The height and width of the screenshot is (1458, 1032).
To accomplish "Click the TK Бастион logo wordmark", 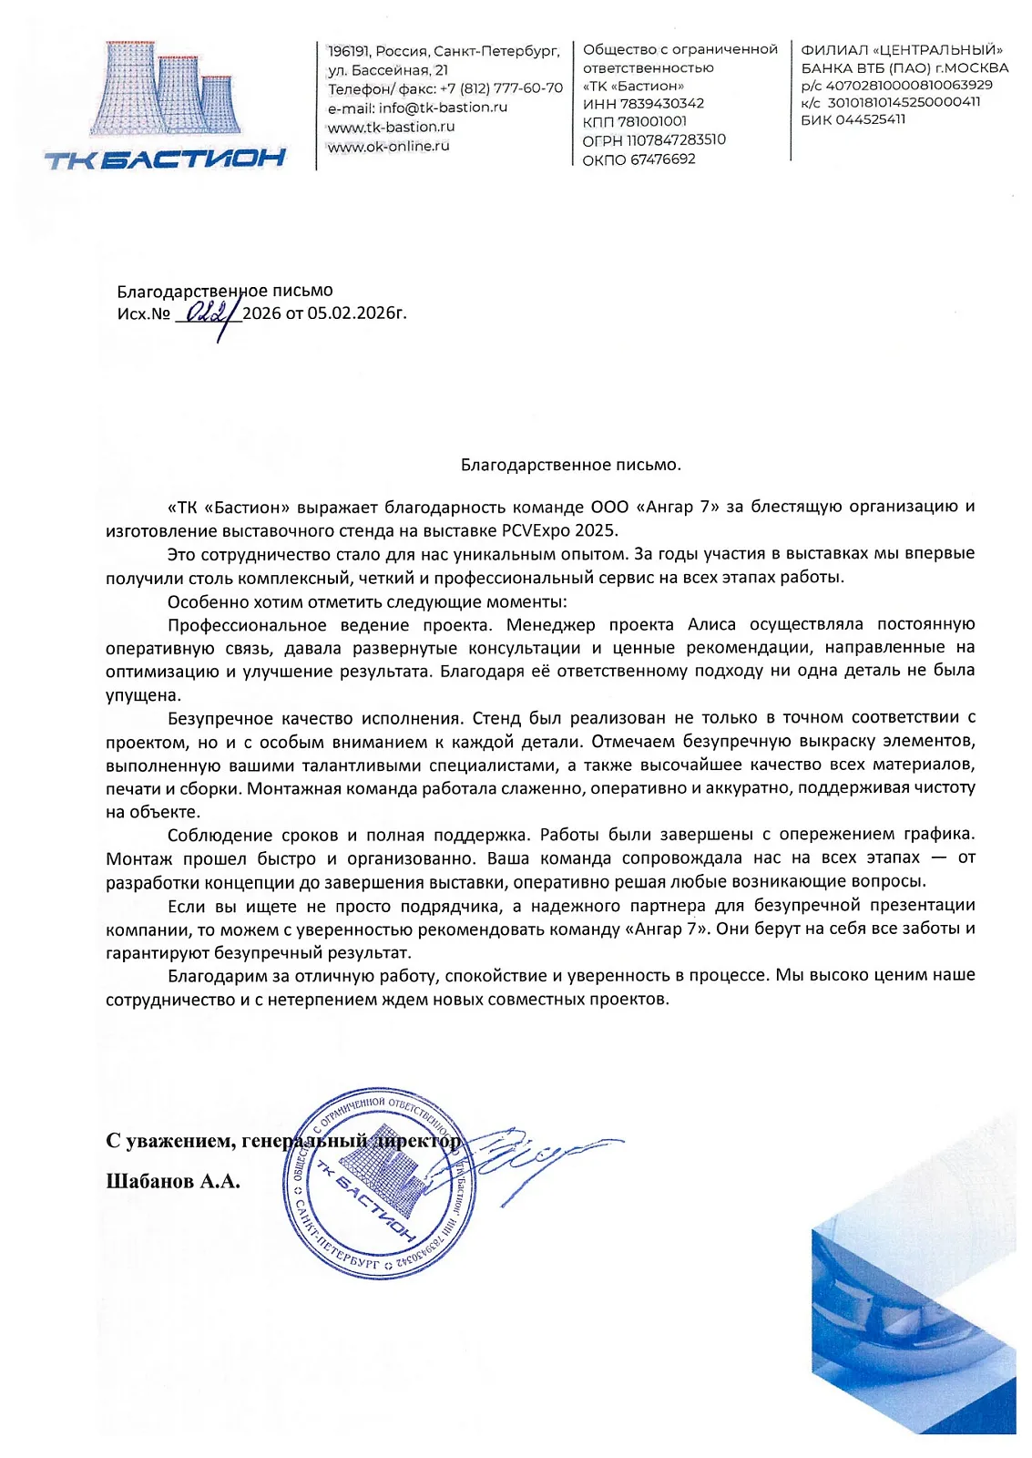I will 165,160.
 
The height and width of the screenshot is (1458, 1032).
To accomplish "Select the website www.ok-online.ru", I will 389,146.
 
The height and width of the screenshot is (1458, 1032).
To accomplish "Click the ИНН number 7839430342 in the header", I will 662,104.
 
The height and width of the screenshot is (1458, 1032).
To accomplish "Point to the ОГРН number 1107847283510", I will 676,140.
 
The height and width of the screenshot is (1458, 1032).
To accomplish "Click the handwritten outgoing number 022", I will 206,313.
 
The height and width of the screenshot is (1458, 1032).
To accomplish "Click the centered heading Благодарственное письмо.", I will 570,465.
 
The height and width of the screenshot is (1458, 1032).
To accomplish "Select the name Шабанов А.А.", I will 173,1182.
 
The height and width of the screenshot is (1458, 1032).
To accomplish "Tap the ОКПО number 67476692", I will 663,159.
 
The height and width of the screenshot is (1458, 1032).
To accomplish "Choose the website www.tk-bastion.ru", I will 392,127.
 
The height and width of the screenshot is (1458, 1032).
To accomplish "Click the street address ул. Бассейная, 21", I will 388,70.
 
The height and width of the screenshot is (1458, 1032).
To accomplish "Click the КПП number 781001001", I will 652,122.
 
